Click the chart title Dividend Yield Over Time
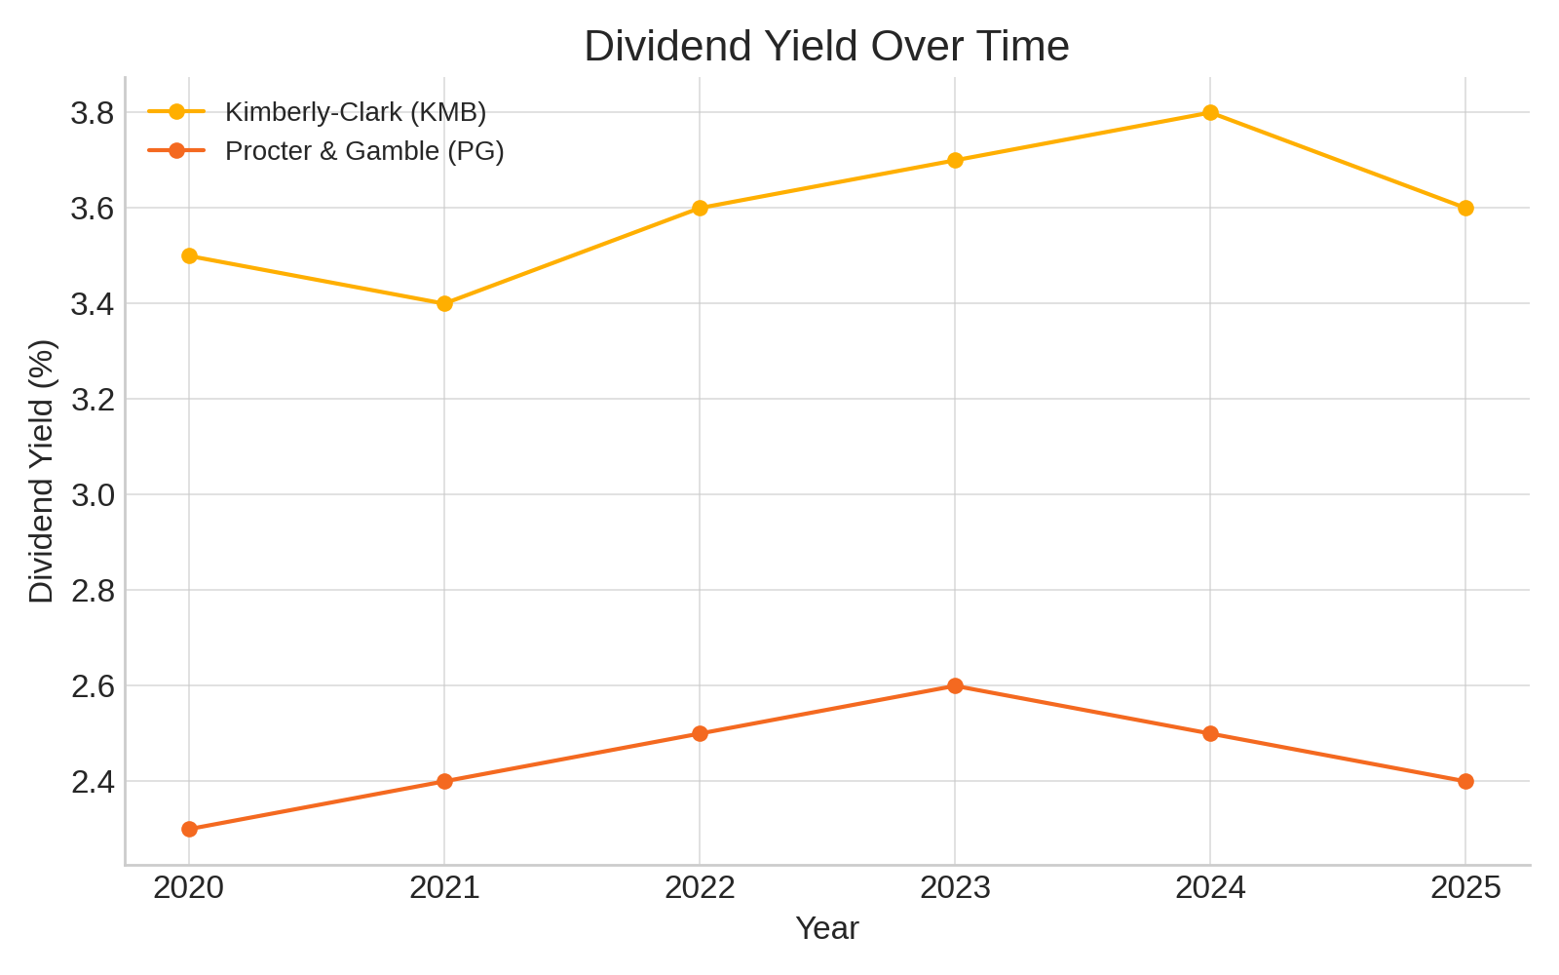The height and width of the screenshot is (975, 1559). [826, 47]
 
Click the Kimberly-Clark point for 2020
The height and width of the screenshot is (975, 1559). [189, 255]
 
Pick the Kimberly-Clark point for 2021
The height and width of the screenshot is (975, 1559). [444, 303]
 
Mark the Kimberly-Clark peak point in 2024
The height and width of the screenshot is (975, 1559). [1210, 112]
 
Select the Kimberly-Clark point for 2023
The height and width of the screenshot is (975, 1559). [955, 160]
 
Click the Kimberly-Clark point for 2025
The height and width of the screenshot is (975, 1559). [1465, 208]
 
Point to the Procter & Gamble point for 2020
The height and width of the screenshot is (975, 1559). [189, 829]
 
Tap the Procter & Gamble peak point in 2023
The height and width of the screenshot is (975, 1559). [955, 685]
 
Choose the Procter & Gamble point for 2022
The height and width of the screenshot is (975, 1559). [700, 733]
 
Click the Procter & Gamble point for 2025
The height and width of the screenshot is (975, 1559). [1465, 781]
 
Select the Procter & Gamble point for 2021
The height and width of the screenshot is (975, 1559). [444, 781]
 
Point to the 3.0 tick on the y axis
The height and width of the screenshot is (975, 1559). [94, 495]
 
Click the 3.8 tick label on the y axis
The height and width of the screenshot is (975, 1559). [94, 113]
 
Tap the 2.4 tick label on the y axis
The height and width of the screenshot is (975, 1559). [94, 782]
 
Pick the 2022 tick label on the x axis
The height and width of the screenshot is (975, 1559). [700, 887]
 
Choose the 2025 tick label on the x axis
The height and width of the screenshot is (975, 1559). [1465, 887]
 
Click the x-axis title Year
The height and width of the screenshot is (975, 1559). [826, 928]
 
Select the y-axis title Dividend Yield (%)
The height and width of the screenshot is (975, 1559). [41, 471]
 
